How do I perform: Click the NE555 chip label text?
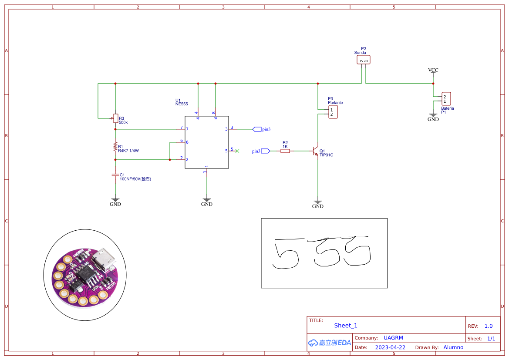point(181,104)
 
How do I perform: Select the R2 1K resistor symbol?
point(285,151)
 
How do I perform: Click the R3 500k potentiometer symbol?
point(115,117)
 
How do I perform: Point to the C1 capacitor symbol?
point(115,175)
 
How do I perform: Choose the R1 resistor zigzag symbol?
point(115,147)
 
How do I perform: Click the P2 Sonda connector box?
point(364,60)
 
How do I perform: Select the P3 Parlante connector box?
point(333,112)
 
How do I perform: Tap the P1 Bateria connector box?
point(446,99)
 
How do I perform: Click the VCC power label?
point(433,70)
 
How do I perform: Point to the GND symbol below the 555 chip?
point(207,202)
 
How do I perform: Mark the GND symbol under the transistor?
point(318,204)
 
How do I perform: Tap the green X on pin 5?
point(237,151)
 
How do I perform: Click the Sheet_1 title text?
point(346,325)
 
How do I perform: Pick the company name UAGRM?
point(393,338)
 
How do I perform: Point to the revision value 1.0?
point(489,326)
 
